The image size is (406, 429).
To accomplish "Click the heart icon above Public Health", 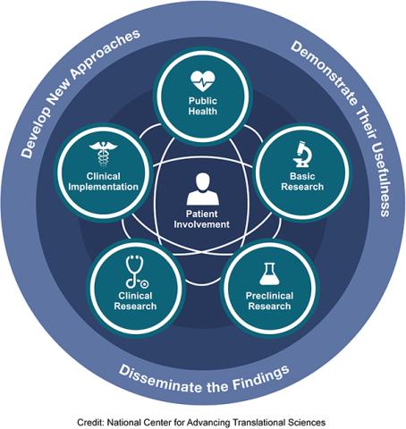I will pyautogui.click(x=203, y=77).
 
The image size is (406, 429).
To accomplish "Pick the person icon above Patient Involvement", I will pyautogui.click(x=202, y=190).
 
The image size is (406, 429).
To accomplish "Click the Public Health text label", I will pyautogui.click(x=203, y=107).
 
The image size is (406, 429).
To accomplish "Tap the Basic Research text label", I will pyautogui.click(x=299, y=181).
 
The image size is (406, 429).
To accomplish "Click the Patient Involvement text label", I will pyautogui.click(x=202, y=219).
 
